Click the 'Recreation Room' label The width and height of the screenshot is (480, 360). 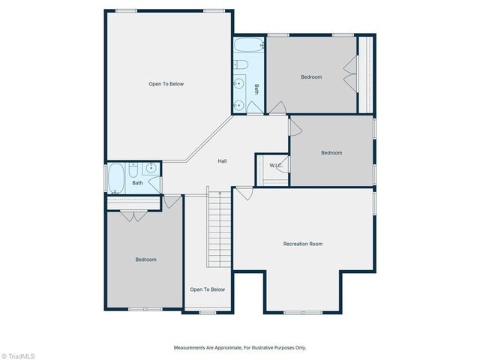(x=303, y=244)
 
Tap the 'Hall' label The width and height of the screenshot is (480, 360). (x=222, y=161)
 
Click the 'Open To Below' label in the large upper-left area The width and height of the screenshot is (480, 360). (x=166, y=84)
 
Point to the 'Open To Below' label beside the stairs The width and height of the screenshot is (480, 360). (x=207, y=289)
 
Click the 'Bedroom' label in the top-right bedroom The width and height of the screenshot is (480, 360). (x=311, y=77)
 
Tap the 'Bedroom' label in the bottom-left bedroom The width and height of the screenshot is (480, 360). (x=145, y=259)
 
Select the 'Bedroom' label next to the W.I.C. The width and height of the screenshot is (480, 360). (x=331, y=153)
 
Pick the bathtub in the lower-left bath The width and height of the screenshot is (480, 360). (x=116, y=178)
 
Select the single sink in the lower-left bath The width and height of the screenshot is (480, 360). (x=150, y=168)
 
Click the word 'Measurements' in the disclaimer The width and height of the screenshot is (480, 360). (x=190, y=348)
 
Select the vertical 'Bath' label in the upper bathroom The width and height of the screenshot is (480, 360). (x=256, y=88)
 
